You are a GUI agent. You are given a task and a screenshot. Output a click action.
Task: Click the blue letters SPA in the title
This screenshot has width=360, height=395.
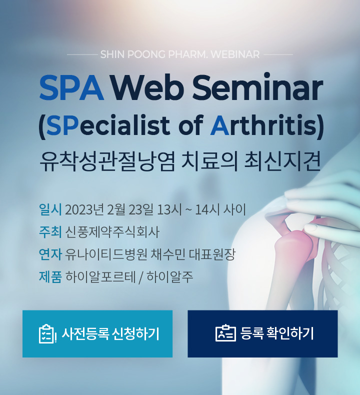[x=71, y=88]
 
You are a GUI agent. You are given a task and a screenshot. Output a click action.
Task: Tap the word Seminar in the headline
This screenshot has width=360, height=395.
[x=257, y=86]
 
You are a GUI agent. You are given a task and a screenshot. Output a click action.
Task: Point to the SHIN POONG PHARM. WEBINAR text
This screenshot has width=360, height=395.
[x=180, y=54]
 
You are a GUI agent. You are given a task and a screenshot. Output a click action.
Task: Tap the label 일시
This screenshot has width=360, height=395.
[x=50, y=209]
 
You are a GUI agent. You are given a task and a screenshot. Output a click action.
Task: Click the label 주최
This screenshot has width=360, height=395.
[x=50, y=232]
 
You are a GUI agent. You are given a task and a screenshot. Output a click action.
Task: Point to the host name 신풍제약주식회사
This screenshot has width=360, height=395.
[x=112, y=232]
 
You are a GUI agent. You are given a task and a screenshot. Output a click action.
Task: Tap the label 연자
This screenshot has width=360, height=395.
[x=50, y=254]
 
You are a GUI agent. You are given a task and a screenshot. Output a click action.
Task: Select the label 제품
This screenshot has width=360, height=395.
[x=50, y=276]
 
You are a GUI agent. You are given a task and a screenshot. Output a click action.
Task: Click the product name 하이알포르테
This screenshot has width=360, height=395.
[x=100, y=276]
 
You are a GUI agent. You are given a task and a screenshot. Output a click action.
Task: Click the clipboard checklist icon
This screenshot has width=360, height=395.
[x=47, y=334]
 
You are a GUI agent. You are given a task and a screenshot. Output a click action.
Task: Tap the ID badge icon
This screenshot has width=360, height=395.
[x=225, y=333]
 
